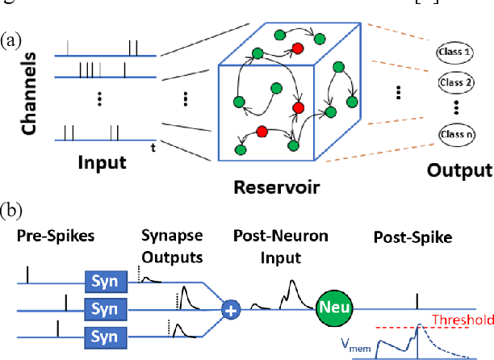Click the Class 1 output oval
pyautogui.click(x=454, y=52)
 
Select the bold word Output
pyautogui.click(x=458, y=170)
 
